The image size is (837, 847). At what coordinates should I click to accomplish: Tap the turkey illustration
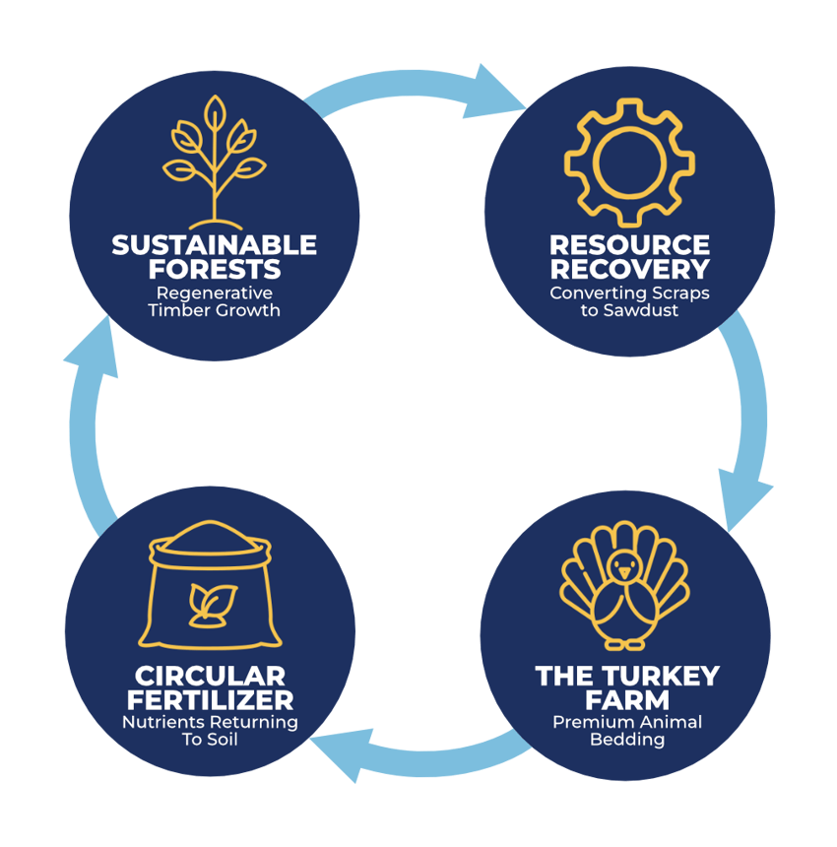click(624, 588)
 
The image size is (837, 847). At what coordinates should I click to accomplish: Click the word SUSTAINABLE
click(214, 245)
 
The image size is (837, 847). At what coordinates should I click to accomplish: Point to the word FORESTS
click(214, 269)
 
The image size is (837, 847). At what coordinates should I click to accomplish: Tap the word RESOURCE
click(629, 245)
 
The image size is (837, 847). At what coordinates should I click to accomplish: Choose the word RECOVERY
click(629, 269)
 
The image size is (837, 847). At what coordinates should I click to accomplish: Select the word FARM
click(627, 700)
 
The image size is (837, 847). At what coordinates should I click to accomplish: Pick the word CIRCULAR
click(210, 677)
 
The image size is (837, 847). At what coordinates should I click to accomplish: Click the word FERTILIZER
click(210, 700)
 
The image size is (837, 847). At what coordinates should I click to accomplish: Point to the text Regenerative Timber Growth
click(214, 301)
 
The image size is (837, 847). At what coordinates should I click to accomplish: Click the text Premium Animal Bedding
click(627, 730)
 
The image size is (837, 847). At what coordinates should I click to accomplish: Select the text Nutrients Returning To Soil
click(210, 730)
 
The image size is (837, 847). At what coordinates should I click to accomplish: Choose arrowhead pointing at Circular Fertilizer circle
click(343, 753)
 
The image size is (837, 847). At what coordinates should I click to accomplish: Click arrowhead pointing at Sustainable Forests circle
click(92, 350)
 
